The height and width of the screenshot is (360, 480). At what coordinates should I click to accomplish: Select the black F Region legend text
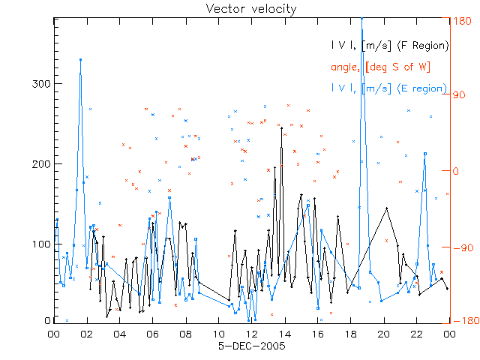point(391,46)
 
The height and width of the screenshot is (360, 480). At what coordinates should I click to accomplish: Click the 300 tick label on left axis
point(40,84)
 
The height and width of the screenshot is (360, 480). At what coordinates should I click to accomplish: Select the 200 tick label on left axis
point(40,164)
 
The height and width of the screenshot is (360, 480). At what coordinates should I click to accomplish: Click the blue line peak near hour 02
point(80,59)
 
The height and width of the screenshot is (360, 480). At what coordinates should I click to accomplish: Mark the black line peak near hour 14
point(282,128)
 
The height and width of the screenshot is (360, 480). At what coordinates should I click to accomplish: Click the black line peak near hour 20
point(387,208)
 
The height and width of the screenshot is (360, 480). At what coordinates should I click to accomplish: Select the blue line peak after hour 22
point(425,153)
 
